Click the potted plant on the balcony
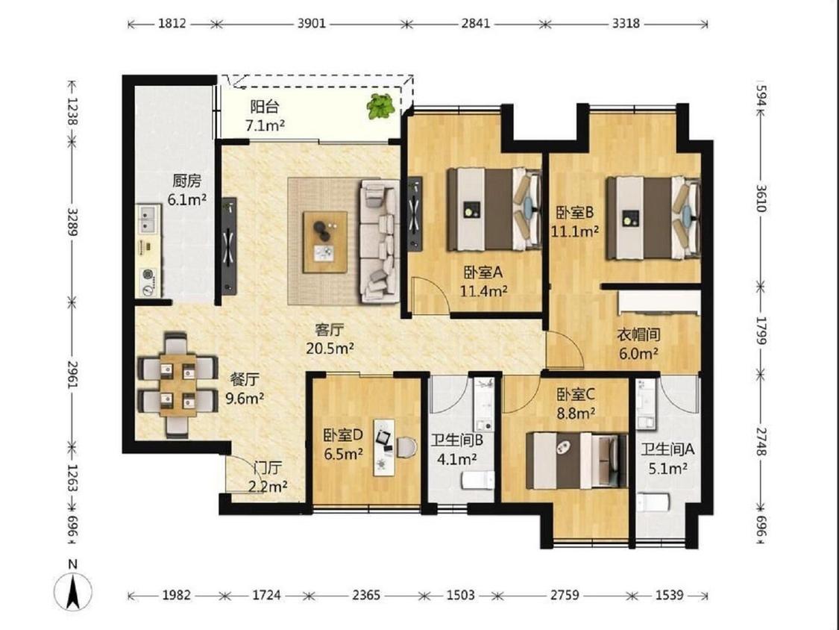point(381,106)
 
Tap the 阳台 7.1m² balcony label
point(265,116)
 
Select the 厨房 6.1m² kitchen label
point(186,190)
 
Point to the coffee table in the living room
point(324,242)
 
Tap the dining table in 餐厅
point(177,384)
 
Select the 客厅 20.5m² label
point(330,339)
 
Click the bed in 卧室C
point(576,461)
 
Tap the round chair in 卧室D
point(406,447)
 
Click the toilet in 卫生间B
point(478,480)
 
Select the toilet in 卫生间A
point(653,503)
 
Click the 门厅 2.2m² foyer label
point(268,477)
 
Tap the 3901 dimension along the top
point(312,24)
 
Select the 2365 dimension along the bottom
point(366,595)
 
